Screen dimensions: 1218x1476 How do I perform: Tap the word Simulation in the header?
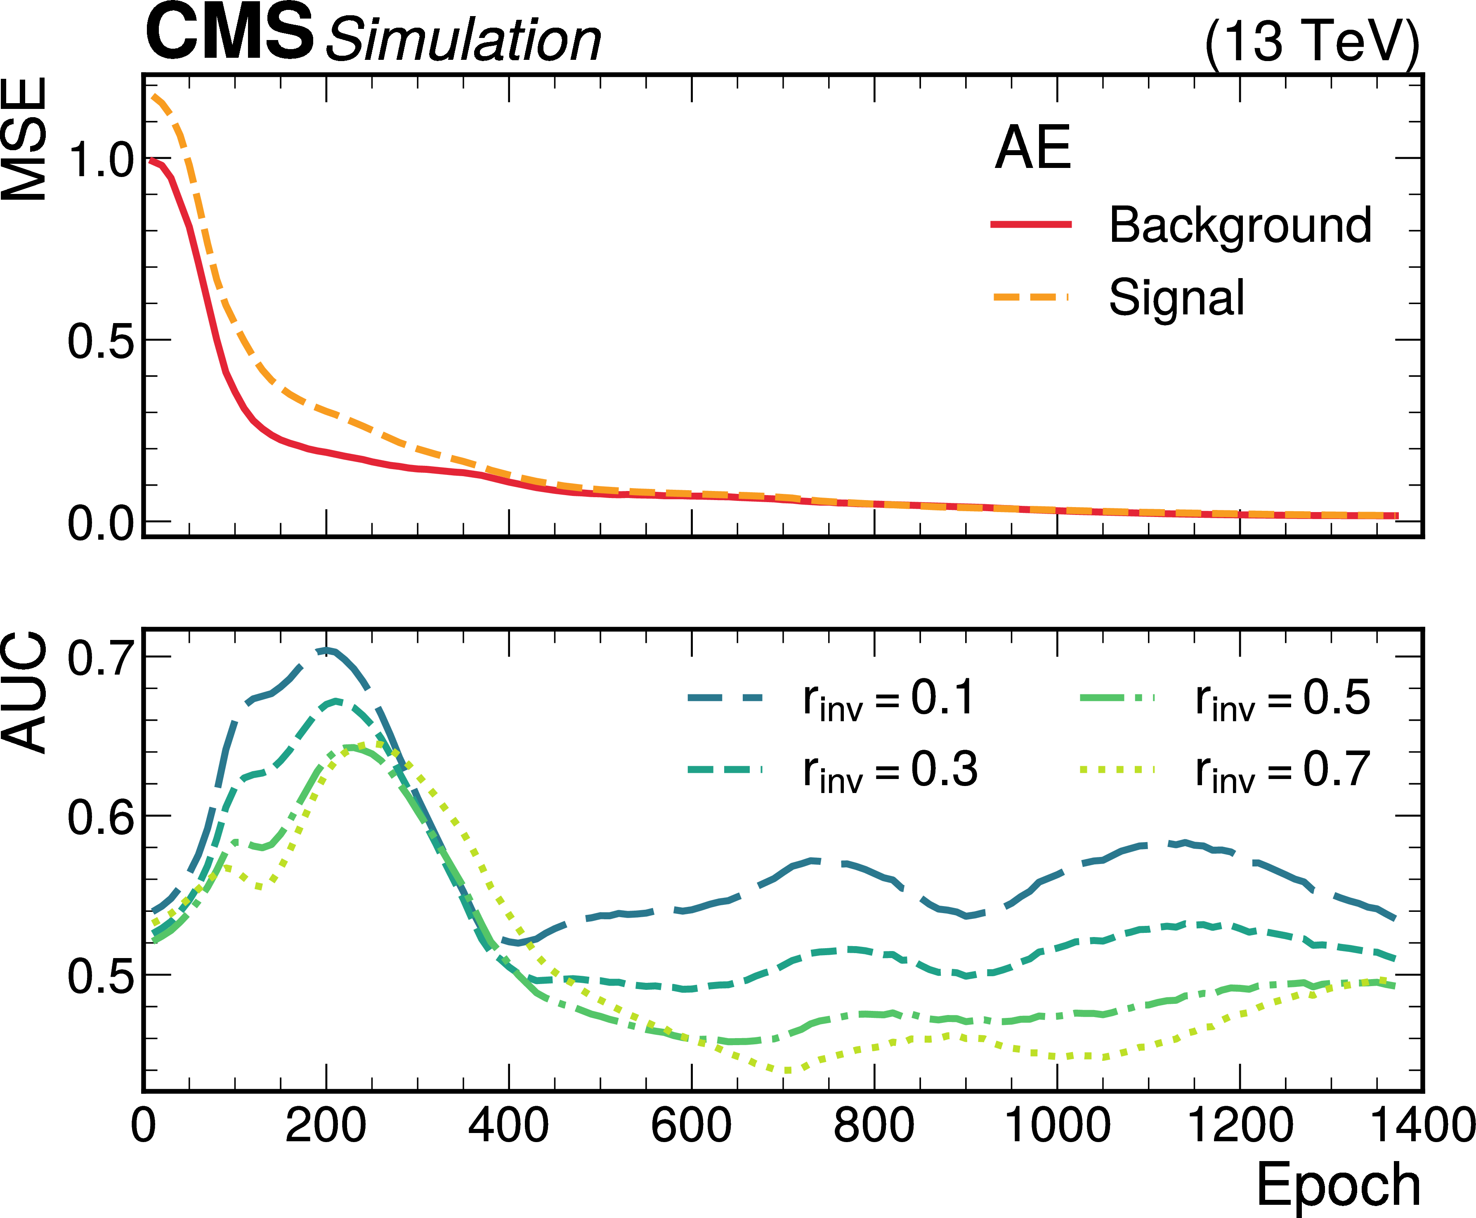point(463,40)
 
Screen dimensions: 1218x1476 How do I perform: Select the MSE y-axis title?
point(25,139)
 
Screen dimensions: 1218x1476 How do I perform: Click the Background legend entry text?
point(1240,225)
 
